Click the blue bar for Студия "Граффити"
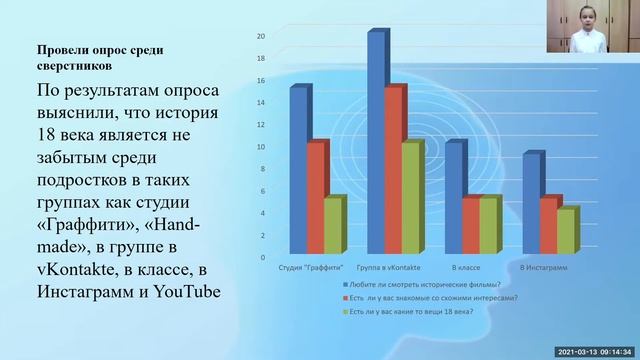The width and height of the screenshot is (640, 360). pyautogui.click(x=300, y=170)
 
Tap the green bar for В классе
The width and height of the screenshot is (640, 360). pyautogui.click(x=488, y=225)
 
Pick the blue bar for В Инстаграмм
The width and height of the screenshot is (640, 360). pyautogui.click(x=532, y=203)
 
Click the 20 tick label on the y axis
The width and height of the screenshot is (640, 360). pyautogui.click(x=260, y=36)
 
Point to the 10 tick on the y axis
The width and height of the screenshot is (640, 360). pyautogui.click(x=260, y=147)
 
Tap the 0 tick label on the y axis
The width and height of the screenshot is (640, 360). pyautogui.click(x=262, y=257)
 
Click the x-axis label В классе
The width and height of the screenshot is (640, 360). pyautogui.click(x=466, y=269)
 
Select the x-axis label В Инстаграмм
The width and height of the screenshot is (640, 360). pyautogui.click(x=543, y=269)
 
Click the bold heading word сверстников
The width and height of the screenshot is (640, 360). pyautogui.click(x=74, y=66)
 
